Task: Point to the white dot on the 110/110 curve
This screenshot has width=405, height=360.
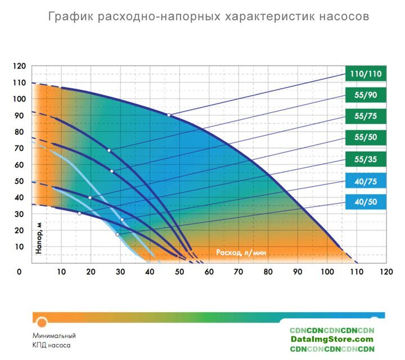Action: (168, 115)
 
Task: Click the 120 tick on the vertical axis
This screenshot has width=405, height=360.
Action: (19, 66)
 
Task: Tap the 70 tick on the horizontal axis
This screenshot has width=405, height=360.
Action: (238, 271)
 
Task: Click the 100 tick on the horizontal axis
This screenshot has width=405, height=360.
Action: (326, 271)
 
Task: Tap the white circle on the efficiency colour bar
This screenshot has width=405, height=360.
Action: (42, 322)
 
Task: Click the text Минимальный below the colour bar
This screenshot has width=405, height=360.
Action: (54, 336)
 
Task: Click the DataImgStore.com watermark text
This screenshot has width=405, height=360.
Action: (332, 339)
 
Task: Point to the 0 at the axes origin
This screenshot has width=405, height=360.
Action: (20, 271)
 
